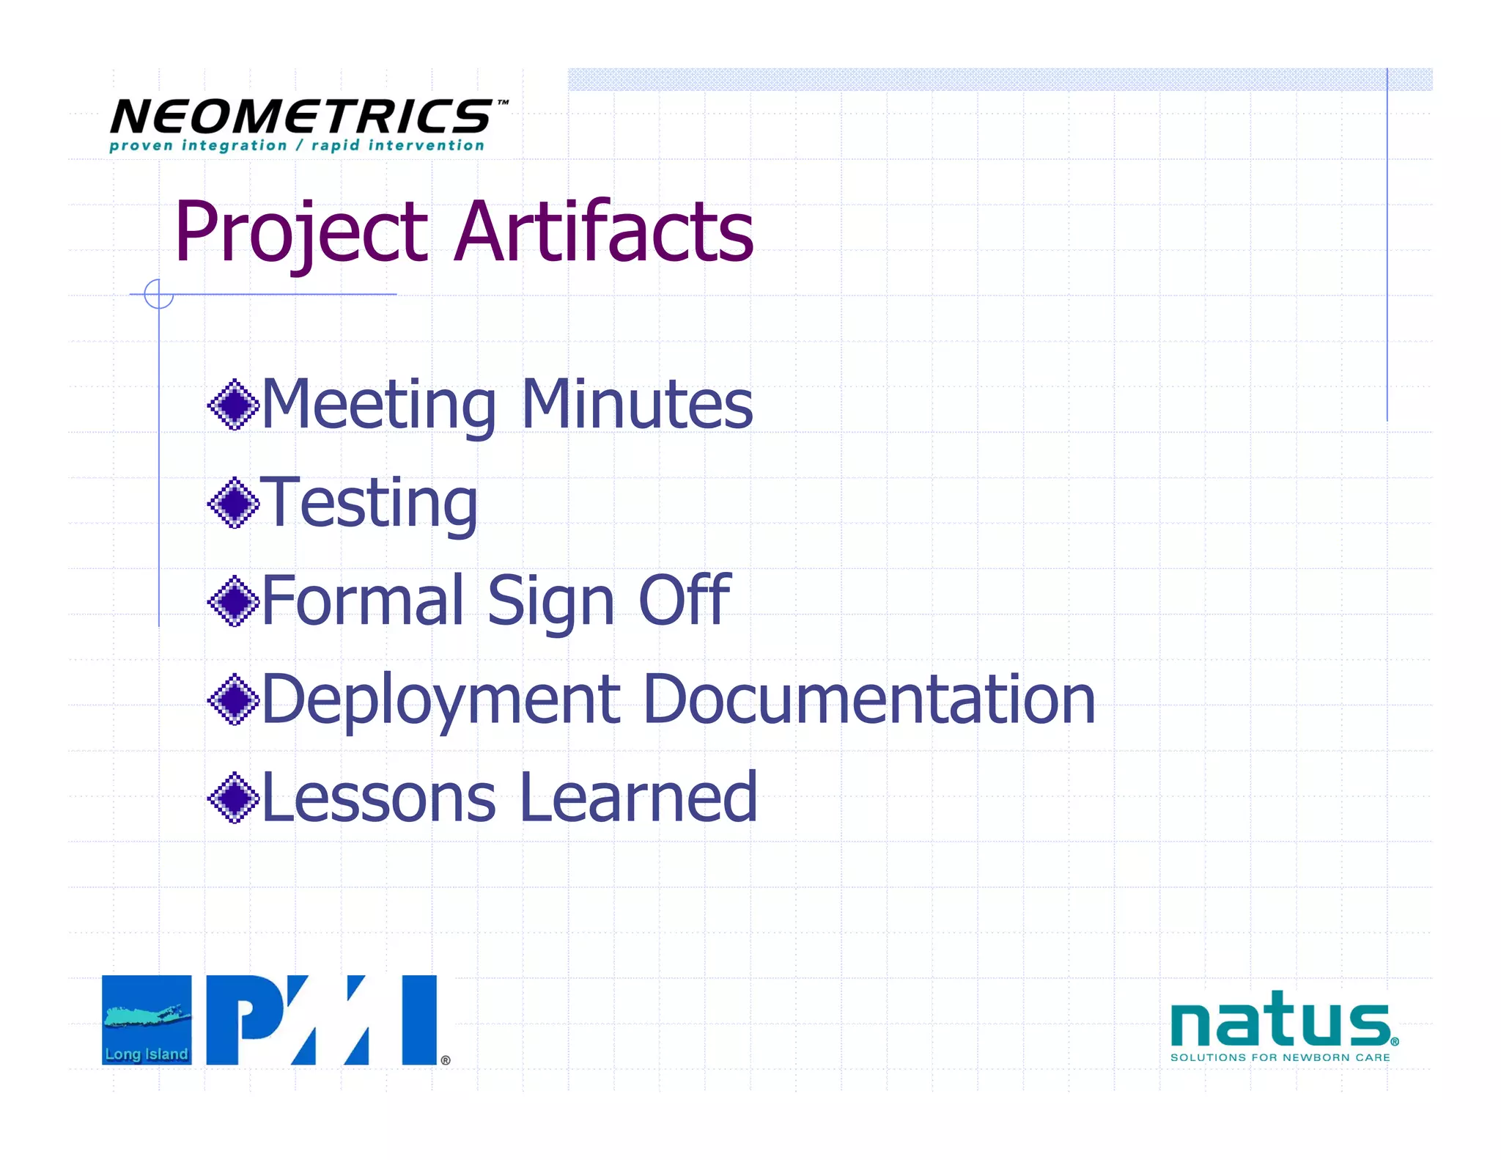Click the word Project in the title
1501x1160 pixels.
tap(300, 233)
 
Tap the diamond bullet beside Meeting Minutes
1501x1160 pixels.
tap(234, 405)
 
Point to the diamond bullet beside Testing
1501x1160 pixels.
tap(234, 503)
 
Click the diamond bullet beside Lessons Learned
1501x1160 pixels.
tap(234, 798)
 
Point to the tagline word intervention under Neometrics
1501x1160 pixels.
tap(426, 146)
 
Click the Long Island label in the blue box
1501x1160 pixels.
tap(147, 1054)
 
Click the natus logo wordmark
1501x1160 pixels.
tap(1279, 1021)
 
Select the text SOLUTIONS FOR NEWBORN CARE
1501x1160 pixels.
tap(1280, 1057)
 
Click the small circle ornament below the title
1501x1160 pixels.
tap(158, 294)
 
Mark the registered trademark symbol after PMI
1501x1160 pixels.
tap(446, 1060)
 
